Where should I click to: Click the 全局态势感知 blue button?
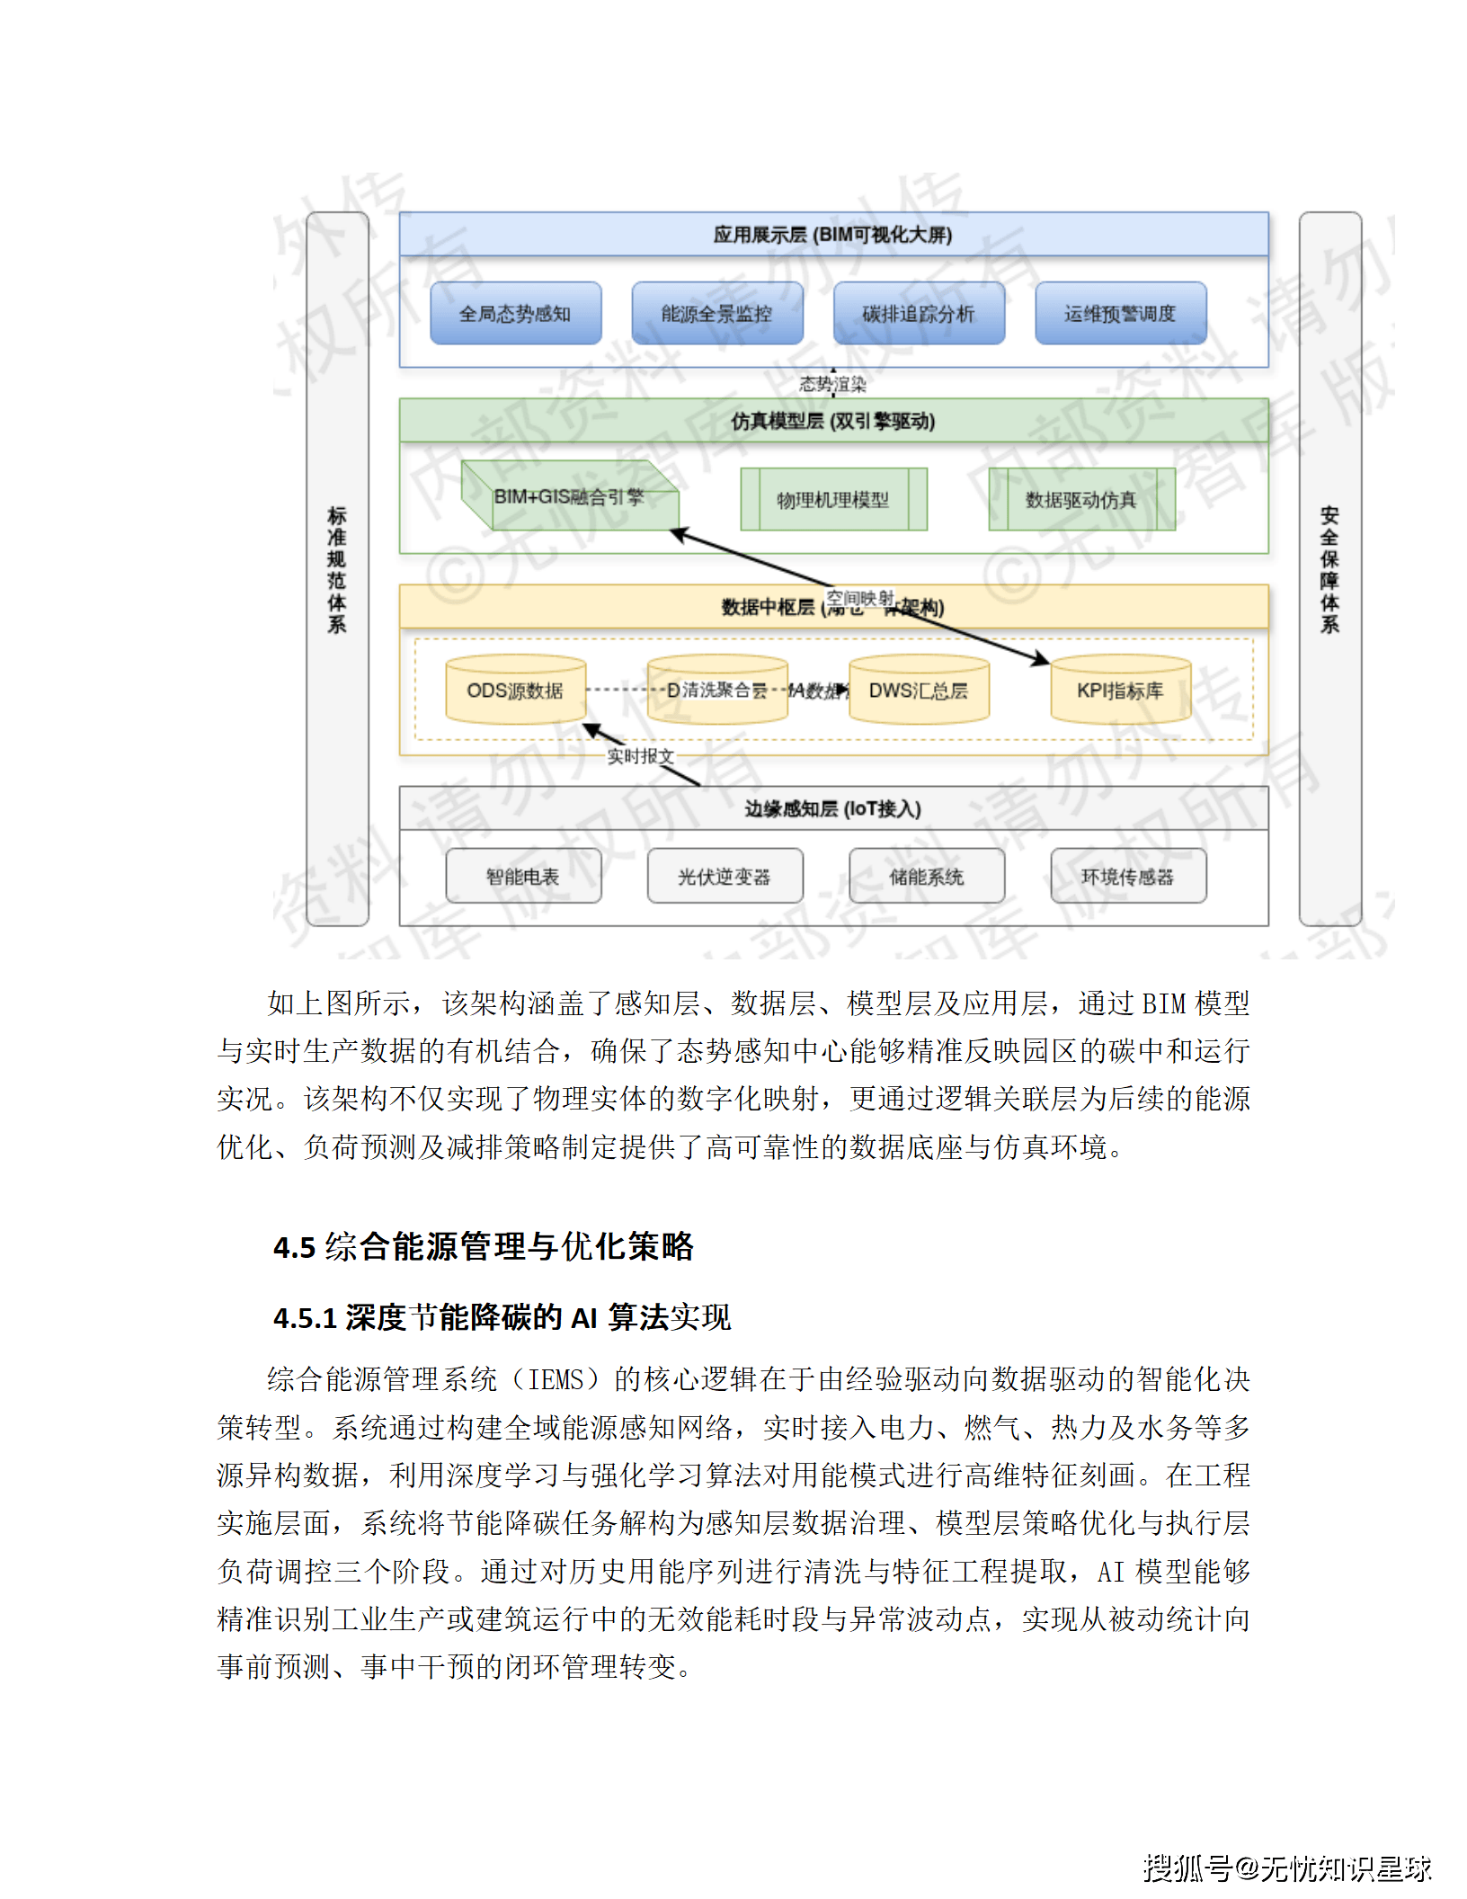coord(515,313)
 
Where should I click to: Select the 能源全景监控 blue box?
coord(716,313)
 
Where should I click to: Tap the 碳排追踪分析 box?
coord(918,313)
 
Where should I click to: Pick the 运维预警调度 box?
coord(1120,313)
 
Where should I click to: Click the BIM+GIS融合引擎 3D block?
coord(570,496)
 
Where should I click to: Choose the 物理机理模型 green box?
coord(832,499)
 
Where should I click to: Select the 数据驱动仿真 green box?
coord(1081,499)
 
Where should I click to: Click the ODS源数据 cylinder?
coord(515,691)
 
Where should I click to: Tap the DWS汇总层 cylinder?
coord(918,691)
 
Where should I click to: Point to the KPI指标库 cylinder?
coord(1120,691)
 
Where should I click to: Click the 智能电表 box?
coord(523,876)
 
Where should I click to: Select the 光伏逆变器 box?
coord(725,876)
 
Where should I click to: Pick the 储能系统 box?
coord(926,876)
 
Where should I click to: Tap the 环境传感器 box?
coord(1127,876)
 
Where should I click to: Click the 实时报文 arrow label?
coord(640,756)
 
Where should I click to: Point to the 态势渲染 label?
coord(832,385)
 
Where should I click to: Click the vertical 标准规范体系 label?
coord(337,569)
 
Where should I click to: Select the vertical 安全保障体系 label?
coord(1329,569)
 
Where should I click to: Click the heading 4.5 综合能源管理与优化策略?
coord(484,1246)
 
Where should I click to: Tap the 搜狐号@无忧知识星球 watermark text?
coord(1286,1868)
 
